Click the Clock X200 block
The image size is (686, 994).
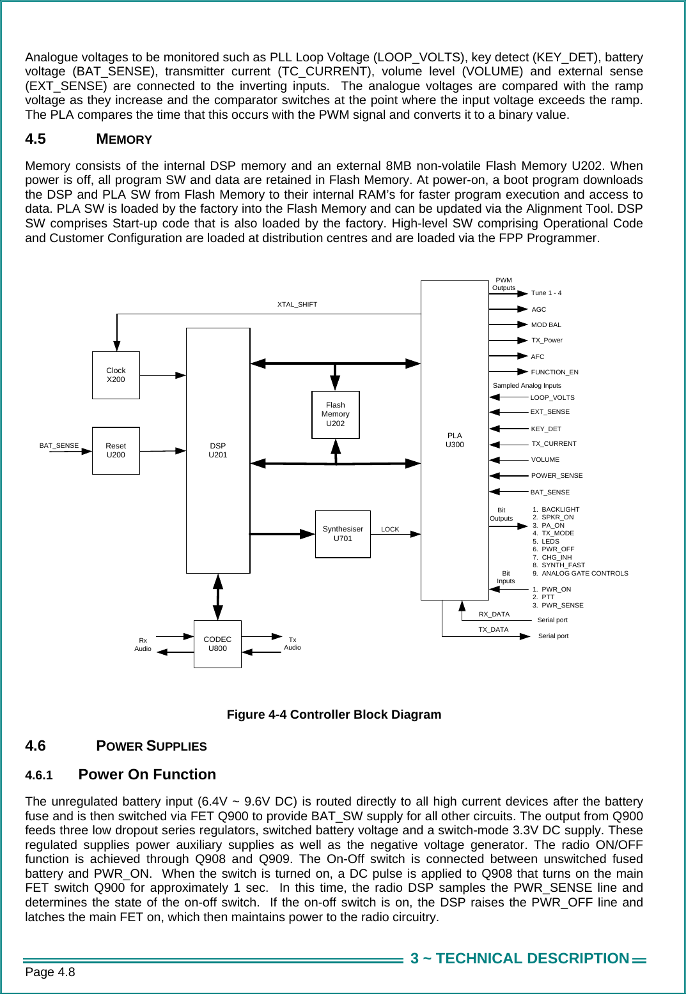point(116,375)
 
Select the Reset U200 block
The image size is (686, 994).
point(116,450)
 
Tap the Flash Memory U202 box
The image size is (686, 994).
point(335,415)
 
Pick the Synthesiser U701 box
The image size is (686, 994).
point(343,534)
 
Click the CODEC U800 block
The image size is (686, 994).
point(217,644)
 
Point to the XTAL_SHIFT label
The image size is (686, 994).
point(297,305)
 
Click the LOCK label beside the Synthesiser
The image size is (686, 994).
point(390,530)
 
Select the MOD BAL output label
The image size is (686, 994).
point(546,325)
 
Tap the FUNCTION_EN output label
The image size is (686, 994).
point(554,372)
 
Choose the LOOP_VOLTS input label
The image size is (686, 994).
point(552,398)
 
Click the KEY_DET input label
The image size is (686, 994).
point(546,429)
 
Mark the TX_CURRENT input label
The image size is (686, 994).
point(554,444)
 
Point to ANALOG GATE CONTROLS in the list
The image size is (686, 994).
point(584,574)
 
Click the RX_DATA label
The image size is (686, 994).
point(494,615)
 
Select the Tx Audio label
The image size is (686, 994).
point(292,644)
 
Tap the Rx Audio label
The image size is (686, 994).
point(143,645)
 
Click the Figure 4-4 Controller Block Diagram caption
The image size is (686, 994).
point(334,715)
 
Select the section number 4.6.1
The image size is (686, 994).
point(38,776)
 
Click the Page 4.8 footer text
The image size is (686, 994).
point(50,972)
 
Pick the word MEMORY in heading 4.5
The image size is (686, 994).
point(124,139)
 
